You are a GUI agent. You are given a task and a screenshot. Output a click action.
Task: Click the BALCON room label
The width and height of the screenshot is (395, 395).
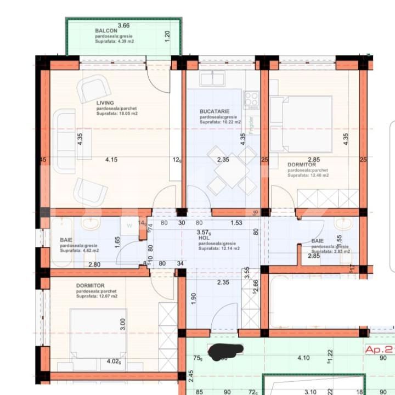tap(103, 31)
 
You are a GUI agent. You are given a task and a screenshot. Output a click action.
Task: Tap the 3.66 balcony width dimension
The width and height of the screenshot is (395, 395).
tap(123, 25)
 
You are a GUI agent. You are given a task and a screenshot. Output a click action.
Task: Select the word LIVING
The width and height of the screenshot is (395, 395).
tap(105, 103)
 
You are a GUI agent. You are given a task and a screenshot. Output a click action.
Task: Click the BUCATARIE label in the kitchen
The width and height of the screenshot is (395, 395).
tap(215, 111)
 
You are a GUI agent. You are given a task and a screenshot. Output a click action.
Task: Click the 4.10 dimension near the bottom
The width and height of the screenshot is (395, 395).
tap(304, 358)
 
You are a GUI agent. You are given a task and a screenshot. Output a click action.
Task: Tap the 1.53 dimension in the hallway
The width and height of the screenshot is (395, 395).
tap(236, 223)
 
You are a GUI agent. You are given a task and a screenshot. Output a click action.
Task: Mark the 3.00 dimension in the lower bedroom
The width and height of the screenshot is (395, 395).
tap(122, 325)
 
